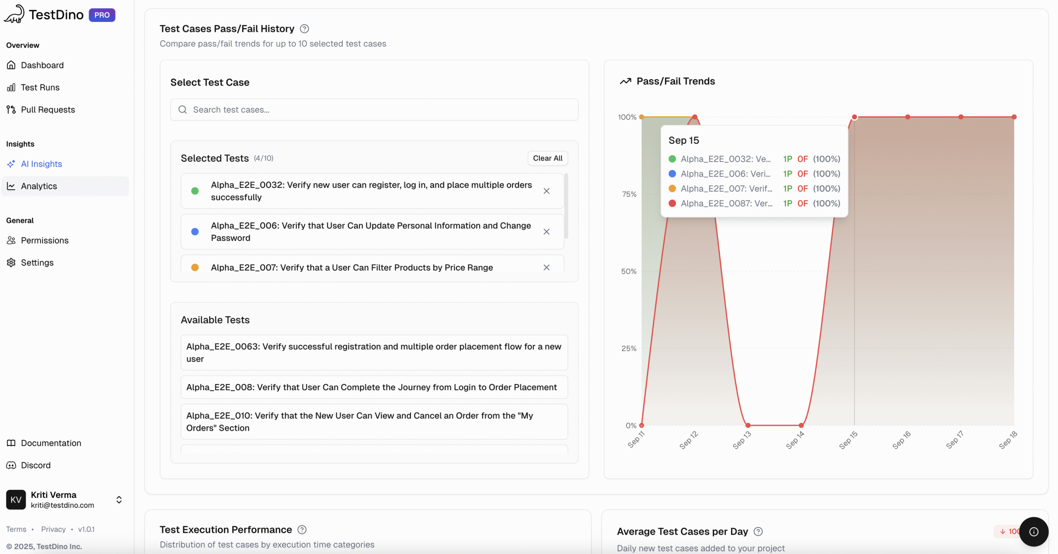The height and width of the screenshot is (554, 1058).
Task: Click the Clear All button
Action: [x=547, y=158]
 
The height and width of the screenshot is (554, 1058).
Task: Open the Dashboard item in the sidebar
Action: [x=42, y=65]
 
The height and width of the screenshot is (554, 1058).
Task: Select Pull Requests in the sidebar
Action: [x=48, y=110]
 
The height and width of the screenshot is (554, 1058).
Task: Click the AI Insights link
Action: [x=41, y=164]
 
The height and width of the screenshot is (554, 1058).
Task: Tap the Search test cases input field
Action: [x=374, y=110]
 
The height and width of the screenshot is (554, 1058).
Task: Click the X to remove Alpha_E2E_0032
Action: [x=546, y=191]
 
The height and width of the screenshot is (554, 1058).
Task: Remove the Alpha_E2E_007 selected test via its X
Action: [x=546, y=267]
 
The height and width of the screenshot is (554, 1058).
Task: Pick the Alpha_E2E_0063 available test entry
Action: [x=374, y=353]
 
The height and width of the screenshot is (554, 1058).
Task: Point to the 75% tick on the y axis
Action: [x=629, y=194]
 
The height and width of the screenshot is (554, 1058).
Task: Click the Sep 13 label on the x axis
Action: [x=741, y=439]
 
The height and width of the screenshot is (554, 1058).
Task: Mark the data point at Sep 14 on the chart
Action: [x=801, y=425]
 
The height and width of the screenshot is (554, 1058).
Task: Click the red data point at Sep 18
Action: [x=1014, y=117]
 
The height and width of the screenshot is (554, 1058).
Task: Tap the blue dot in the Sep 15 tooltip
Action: [x=672, y=174]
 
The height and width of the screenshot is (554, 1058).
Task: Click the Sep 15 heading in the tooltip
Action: [x=684, y=141]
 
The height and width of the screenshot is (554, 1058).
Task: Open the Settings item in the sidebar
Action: [x=37, y=263]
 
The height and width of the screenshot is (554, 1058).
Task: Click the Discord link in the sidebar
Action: [x=36, y=466]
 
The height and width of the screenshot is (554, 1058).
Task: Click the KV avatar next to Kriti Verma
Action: [x=16, y=500]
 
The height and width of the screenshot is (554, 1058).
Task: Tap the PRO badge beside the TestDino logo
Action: [x=102, y=15]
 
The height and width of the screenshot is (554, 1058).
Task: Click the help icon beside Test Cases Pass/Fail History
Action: [x=304, y=29]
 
